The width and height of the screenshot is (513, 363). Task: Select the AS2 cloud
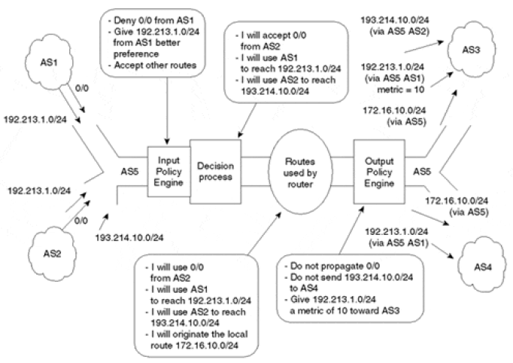pos(46,252)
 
